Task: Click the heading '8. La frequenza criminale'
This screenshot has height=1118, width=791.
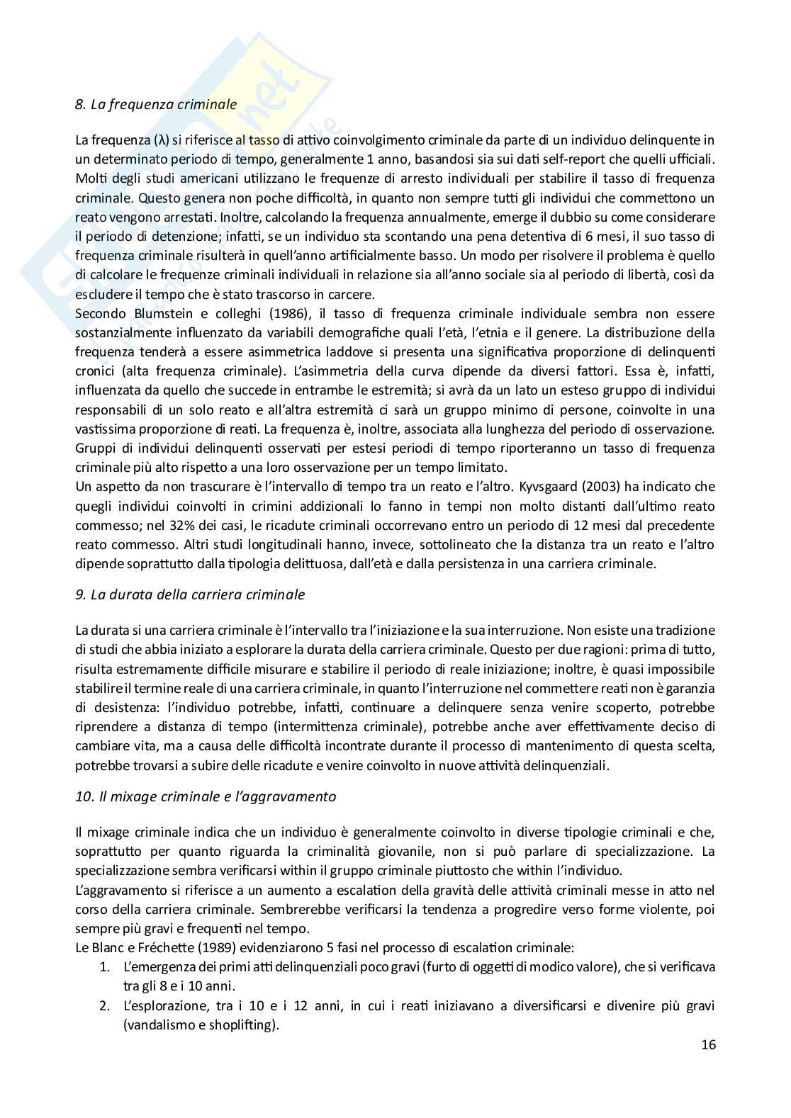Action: tap(156, 104)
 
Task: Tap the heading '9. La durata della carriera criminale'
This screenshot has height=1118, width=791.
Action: tap(190, 594)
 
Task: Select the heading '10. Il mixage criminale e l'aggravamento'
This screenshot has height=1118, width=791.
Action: tap(206, 796)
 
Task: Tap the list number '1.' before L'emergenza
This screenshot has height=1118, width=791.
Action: tap(104, 966)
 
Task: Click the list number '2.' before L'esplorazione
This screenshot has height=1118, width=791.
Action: tap(104, 1005)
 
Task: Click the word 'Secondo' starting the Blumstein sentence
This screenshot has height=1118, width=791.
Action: tap(99, 313)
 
